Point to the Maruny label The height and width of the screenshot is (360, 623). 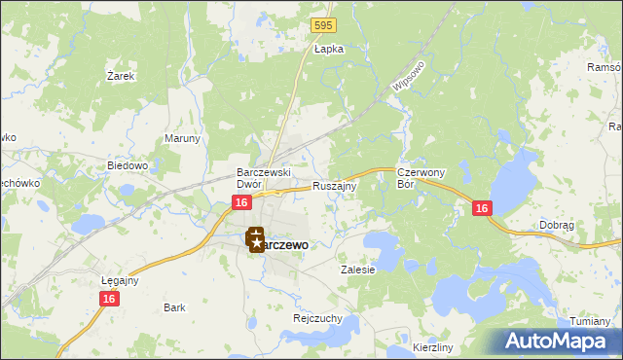(182, 138)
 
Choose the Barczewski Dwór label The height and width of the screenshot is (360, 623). (259, 177)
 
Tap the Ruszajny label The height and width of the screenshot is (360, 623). (335, 185)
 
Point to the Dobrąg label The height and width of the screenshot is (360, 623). (558, 225)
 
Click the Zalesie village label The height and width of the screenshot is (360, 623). (357, 270)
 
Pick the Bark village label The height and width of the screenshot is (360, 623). (174, 307)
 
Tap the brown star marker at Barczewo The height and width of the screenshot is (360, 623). (255, 238)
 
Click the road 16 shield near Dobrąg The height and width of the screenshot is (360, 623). (482, 208)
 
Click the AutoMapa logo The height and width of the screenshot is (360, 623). (555, 341)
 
